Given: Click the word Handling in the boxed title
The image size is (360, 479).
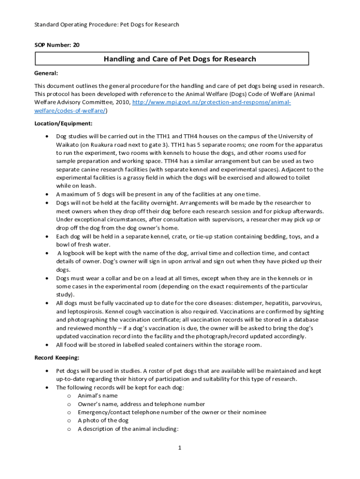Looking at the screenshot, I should point(119,59).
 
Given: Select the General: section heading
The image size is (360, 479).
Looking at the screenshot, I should point(46,73).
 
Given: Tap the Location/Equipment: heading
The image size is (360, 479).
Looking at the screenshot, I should point(63,123).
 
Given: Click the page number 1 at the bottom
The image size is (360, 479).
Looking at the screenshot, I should point(179,448).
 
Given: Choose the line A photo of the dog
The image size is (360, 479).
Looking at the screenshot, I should point(103,421).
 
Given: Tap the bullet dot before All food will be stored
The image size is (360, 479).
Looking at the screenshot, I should point(47,345).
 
